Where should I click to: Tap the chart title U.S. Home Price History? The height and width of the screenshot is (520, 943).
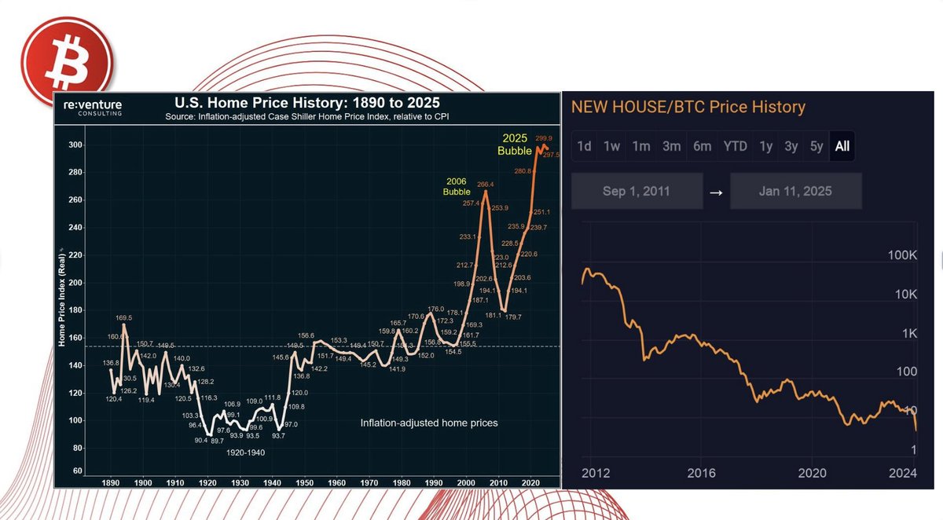(x=306, y=103)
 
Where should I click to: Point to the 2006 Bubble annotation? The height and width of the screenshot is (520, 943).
(x=456, y=185)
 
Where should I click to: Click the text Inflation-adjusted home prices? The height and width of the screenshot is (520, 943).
(x=429, y=423)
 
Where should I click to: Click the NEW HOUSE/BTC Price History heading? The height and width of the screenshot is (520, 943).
(x=688, y=107)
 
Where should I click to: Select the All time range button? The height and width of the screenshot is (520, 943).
(x=842, y=146)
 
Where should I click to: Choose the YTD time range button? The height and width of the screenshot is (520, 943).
(x=735, y=146)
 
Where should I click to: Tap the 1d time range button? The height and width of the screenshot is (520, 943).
(x=584, y=146)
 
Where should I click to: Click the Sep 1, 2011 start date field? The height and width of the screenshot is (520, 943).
(x=637, y=192)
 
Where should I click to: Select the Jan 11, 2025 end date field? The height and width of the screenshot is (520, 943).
(x=795, y=192)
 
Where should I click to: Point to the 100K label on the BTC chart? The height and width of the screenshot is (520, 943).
(x=902, y=256)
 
